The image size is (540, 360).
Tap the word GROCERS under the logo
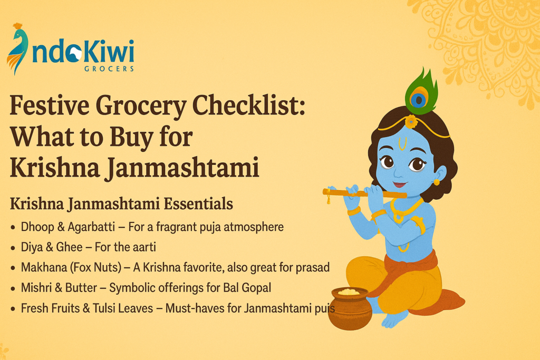pyautogui.click(x=109, y=69)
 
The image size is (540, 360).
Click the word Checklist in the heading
pyautogui.click(x=248, y=105)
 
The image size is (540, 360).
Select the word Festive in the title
pyautogui.click(x=49, y=105)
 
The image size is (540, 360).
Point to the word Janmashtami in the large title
pyautogui.click(x=181, y=168)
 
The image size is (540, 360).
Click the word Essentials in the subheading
pyautogui.click(x=198, y=203)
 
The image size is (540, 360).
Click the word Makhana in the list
pyautogui.click(x=44, y=267)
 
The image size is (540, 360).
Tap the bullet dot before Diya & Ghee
pyautogui.click(x=13, y=248)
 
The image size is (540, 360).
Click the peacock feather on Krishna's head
pyautogui.click(x=421, y=92)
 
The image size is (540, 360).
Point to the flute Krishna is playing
pyautogui.click(x=365, y=193)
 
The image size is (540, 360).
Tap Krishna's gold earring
pyautogui.click(x=436, y=182)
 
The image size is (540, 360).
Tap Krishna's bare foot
pyautogui.click(x=394, y=319)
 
